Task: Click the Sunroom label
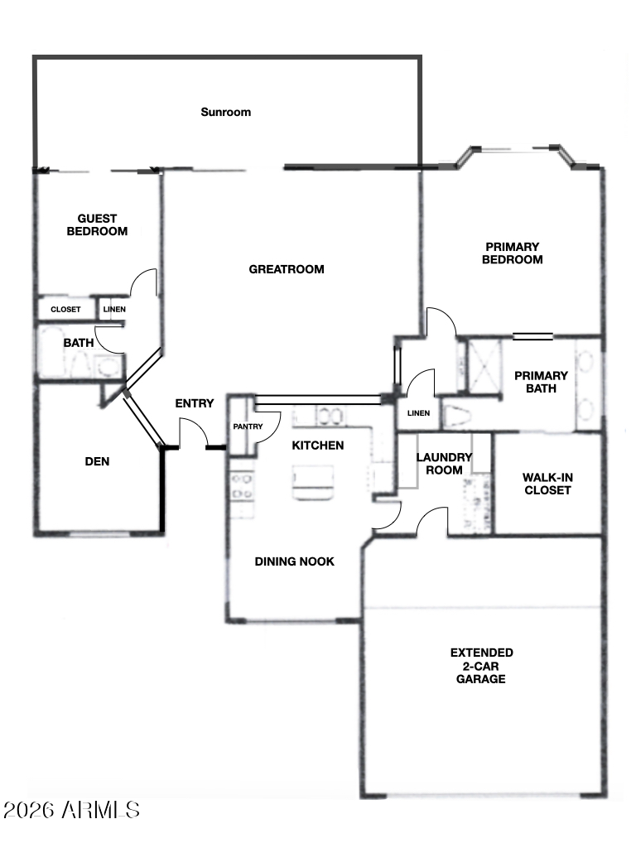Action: pos(225,113)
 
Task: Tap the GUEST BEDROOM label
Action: pos(98,225)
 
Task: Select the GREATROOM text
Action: pos(287,269)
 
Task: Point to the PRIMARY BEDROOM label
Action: pos(512,253)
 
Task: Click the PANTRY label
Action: pos(248,426)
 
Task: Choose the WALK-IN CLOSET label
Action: pos(547,484)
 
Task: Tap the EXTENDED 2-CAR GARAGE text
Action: pos(481,666)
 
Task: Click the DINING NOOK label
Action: pos(294,562)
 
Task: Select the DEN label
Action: pos(98,462)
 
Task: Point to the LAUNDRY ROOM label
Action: pos(444,464)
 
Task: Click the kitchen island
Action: pos(313,481)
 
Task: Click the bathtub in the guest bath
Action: pos(52,352)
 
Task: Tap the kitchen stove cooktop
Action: pos(241,486)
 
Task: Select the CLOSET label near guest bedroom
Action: pos(65,310)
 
